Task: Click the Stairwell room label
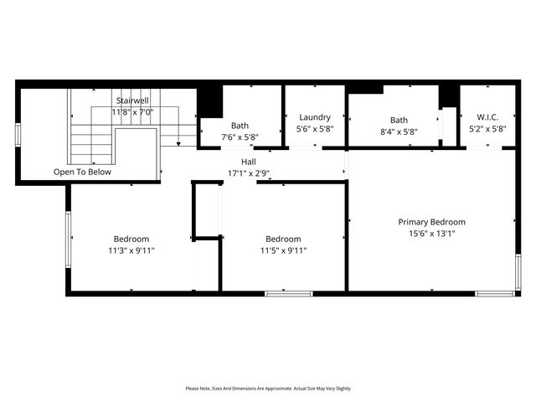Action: [x=132, y=100]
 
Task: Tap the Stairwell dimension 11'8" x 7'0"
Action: [x=132, y=111]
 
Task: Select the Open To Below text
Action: [x=82, y=172]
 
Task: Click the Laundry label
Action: [x=315, y=117]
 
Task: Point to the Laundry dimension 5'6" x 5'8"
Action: [x=315, y=130]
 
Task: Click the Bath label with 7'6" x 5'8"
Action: [x=240, y=126]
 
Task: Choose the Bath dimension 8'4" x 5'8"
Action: [x=399, y=131]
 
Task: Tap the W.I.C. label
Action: [x=487, y=117]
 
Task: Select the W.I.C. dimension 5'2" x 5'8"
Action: [x=487, y=130]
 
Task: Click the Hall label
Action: [x=249, y=162]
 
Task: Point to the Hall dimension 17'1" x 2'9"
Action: [x=249, y=173]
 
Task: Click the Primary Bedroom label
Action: [x=431, y=222]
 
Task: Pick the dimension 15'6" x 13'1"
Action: [x=431, y=234]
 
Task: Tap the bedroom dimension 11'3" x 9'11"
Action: [x=131, y=250]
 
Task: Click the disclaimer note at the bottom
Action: [x=268, y=389]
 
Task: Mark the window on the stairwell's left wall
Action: [x=18, y=135]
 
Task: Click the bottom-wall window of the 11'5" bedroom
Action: [x=289, y=293]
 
